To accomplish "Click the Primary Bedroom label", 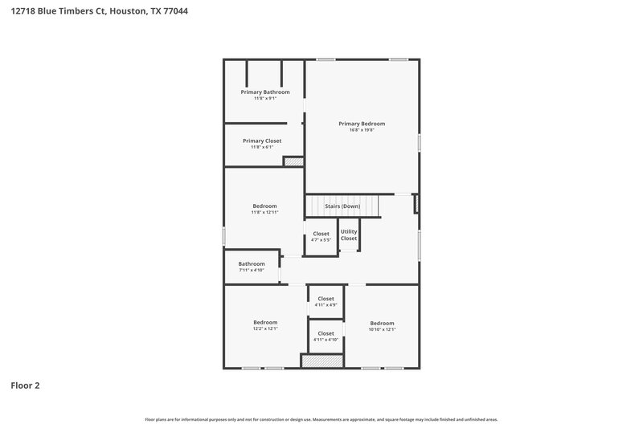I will [362, 124].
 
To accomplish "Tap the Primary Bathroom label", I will [265, 92].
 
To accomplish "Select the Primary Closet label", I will [262, 141].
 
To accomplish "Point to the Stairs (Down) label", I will [342, 206].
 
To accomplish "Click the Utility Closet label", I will [349, 235].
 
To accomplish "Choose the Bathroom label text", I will [252, 263].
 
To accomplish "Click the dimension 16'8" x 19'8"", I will [362, 130].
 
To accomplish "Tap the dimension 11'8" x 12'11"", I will [265, 212].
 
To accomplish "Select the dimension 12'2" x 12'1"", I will [265, 329].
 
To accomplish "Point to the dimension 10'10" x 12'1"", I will [382, 329].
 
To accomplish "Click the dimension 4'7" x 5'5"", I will [321, 240].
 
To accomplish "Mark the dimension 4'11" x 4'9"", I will [326, 305].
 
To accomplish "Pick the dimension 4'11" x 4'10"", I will [326, 340].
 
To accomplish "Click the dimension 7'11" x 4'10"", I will [252, 271].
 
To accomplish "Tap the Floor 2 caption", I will [25, 385].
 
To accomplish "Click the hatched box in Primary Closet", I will [293, 161].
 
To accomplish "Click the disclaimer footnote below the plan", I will [321, 419].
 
